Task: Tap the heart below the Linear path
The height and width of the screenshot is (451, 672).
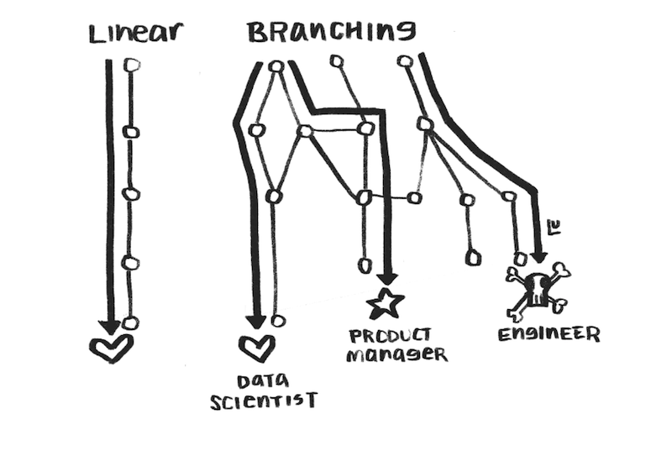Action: (x=112, y=348)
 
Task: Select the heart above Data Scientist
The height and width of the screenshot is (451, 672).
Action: (x=256, y=348)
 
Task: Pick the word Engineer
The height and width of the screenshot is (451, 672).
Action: (x=549, y=334)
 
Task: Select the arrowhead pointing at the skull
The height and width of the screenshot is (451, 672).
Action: (x=538, y=254)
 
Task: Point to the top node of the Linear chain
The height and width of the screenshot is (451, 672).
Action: (x=131, y=64)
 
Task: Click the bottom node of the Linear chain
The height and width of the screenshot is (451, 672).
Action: (x=129, y=323)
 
